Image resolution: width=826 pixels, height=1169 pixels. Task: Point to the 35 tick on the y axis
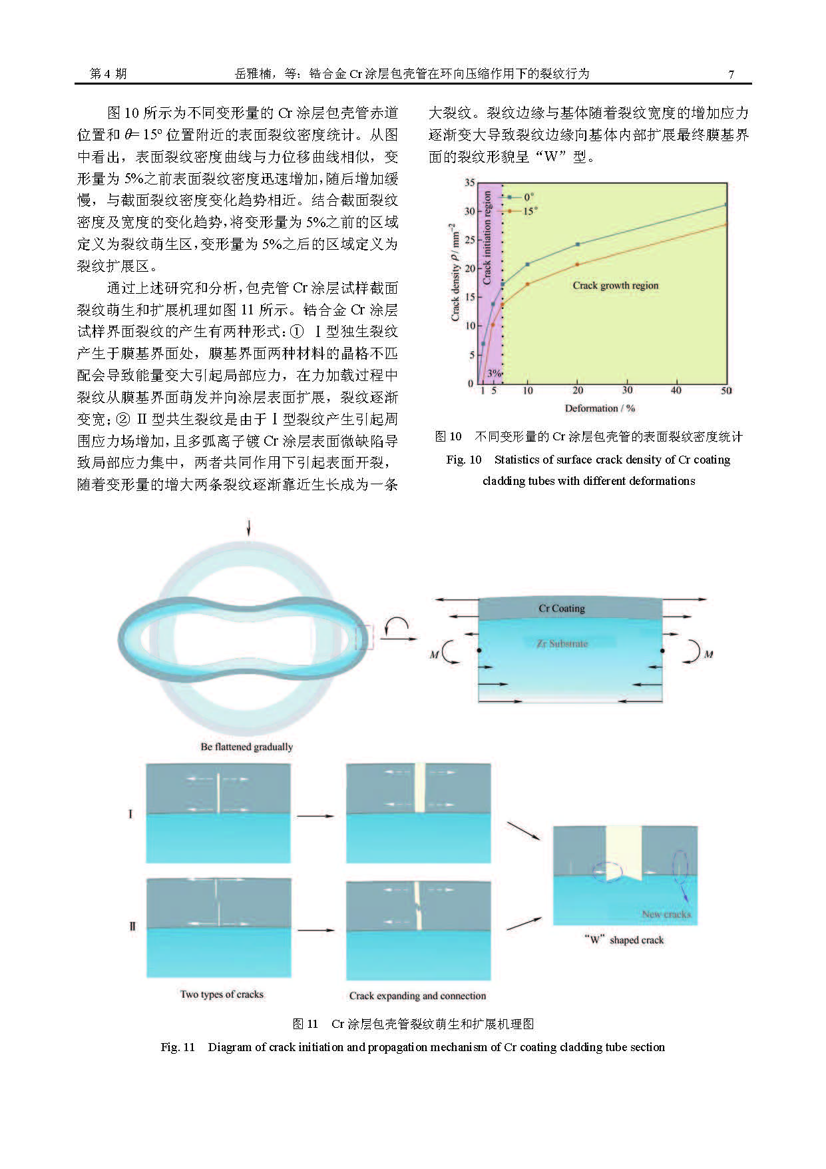tap(470, 183)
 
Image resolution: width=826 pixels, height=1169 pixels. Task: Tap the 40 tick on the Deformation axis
tap(676, 390)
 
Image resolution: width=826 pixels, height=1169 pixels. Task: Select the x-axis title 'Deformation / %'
tap(600, 408)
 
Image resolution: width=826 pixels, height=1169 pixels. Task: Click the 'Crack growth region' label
tap(615, 285)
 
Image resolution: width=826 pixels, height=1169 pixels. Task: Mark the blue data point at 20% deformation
tap(577, 244)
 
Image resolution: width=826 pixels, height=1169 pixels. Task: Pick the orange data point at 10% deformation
tap(528, 284)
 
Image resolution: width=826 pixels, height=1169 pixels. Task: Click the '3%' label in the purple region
tap(494, 373)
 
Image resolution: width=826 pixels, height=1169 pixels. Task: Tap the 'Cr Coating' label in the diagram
tap(562, 608)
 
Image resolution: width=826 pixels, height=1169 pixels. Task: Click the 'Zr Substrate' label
tap(562, 643)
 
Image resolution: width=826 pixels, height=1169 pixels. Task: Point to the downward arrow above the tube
tap(249, 527)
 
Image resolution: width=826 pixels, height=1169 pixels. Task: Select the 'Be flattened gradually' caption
tap(247, 747)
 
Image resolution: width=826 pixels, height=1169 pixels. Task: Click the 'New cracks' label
tap(666, 914)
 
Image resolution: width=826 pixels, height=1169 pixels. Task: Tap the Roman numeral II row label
tap(132, 926)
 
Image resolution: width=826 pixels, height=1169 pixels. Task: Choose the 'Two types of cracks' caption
tap(222, 994)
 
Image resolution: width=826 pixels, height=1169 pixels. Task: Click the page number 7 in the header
tap(731, 74)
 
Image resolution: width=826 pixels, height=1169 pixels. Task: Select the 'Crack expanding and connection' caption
tap(417, 996)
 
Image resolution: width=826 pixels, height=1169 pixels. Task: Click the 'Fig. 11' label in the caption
tap(178, 1047)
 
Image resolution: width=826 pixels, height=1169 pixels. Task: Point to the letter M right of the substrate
tap(708, 654)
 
